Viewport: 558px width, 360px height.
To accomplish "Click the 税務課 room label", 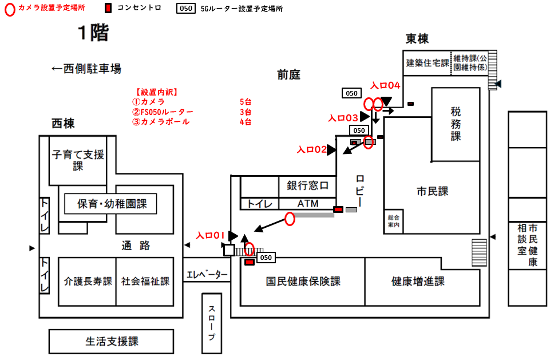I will (456, 124).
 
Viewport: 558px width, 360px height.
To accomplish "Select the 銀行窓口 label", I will (307, 186).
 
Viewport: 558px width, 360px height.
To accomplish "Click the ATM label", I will (307, 204).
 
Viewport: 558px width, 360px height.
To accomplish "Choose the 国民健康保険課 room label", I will (303, 282).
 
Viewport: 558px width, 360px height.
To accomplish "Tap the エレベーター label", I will (207, 275).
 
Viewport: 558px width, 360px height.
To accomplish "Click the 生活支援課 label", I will (112, 342).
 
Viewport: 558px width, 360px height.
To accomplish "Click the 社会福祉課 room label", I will (145, 282).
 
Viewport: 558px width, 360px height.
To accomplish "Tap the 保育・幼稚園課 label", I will (110, 203).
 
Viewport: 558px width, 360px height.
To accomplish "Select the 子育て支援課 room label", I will (78, 160).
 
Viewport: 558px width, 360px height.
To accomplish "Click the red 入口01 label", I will (208, 235).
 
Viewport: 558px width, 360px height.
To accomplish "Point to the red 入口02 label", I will (311, 150).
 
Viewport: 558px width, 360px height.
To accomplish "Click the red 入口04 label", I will (385, 85).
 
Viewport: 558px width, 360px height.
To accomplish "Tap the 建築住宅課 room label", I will (428, 63).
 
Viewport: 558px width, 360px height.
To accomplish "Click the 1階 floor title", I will (93, 34).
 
